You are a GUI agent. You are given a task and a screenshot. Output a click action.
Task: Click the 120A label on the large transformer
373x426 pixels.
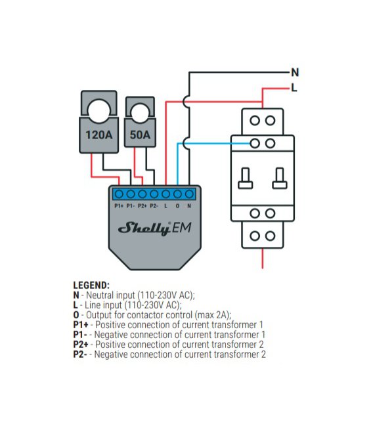(x=99, y=135)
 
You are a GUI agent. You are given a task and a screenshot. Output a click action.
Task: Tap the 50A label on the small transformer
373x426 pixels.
(x=140, y=135)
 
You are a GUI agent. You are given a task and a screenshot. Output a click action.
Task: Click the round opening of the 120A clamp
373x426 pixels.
(x=99, y=111)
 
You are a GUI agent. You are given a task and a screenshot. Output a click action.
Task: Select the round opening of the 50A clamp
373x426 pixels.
(x=140, y=114)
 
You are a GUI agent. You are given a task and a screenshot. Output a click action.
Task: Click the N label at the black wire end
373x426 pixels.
(x=295, y=73)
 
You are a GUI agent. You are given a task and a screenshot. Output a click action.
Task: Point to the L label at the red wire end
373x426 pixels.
(x=294, y=88)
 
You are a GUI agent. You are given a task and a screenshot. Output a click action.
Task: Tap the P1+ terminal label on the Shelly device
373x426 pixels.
(x=119, y=206)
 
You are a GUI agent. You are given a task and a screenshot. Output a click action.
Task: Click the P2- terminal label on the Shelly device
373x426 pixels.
(x=154, y=206)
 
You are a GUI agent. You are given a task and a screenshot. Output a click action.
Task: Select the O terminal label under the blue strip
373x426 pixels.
(x=177, y=206)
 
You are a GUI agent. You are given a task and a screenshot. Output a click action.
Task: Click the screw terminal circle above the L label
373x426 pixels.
(x=166, y=194)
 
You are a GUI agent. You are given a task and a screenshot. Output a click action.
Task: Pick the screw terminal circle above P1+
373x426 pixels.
(x=119, y=194)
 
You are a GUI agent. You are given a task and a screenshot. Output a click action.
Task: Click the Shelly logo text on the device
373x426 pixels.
(x=144, y=228)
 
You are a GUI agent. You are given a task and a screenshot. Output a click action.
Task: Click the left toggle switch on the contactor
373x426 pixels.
(x=245, y=179)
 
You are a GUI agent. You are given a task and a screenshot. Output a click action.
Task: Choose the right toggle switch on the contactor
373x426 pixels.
(x=280, y=179)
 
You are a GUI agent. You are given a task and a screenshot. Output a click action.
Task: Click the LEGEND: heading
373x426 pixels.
(x=91, y=286)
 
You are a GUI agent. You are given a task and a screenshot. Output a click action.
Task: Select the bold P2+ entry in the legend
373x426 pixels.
(x=81, y=345)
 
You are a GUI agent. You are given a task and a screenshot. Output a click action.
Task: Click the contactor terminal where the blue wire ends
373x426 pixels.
(x=255, y=144)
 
